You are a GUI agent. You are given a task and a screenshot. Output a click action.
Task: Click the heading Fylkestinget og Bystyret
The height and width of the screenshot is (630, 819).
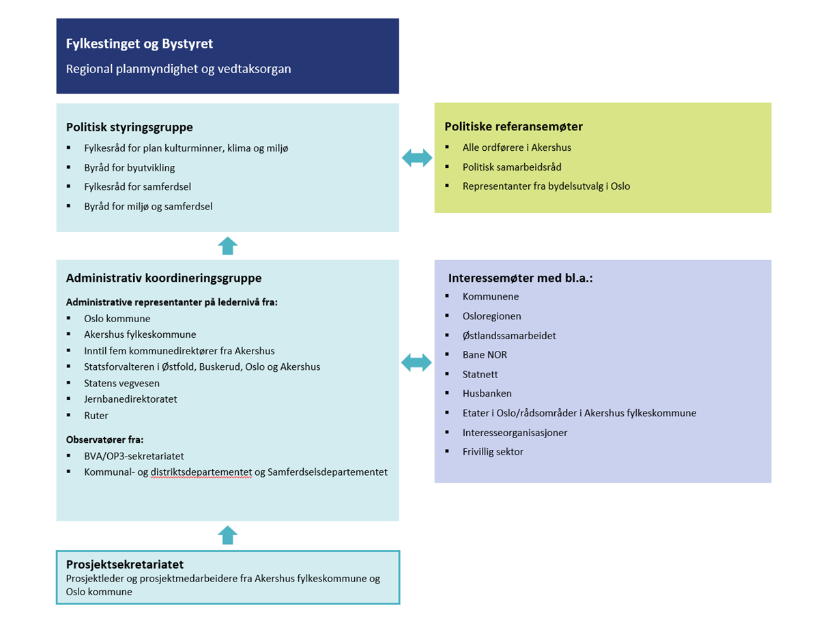[x=139, y=44]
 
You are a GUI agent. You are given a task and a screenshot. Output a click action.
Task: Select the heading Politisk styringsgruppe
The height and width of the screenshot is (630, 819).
[x=129, y=127]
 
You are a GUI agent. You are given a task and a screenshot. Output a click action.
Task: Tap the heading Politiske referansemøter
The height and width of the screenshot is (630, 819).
[x=513, y=126]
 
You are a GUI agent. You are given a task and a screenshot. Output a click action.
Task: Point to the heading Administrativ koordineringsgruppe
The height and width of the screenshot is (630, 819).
[x=164, y=278]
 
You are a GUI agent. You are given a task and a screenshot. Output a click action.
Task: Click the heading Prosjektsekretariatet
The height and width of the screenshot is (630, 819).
[x=125, y=564]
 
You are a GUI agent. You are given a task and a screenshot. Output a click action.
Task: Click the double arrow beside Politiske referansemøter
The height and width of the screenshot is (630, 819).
[x=417, y=158]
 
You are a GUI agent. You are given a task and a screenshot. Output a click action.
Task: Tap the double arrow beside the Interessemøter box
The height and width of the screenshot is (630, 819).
[x=417, y=362]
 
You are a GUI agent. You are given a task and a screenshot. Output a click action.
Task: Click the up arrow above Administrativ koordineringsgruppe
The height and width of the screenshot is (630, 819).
[x=227, y=246]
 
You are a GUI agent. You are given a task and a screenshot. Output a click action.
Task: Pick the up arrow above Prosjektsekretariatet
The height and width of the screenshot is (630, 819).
[x=227, y=535]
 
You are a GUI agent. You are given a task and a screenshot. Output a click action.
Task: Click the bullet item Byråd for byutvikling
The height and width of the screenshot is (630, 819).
[x=130, y=167]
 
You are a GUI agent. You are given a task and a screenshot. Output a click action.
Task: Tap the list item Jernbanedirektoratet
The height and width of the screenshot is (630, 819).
[x=130, y=399]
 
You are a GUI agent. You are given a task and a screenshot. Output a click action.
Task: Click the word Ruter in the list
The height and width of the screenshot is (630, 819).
[x=96, y=416]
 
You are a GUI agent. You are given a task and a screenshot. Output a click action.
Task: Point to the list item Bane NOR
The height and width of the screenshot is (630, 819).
[x=485, y=355]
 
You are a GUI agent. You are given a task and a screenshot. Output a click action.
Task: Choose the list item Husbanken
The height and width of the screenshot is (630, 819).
[x=487, y=393]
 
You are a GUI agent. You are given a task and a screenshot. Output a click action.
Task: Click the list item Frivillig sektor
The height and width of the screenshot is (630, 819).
[x=493, y=451]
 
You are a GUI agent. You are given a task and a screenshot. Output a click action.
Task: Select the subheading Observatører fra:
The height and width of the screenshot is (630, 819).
[x=105, y=440]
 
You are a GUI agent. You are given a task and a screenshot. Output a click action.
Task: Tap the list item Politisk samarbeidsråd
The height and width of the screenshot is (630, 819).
[x=512, y=167]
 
